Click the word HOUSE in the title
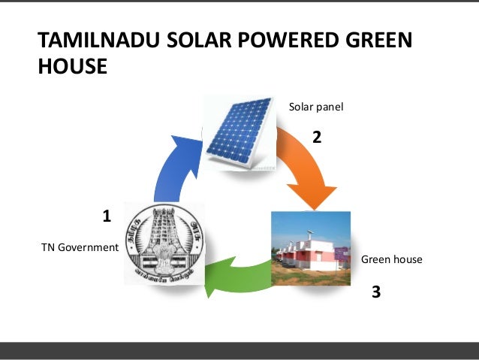72,66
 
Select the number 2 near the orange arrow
316,138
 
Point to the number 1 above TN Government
107,216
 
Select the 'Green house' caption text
392,259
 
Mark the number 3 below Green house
376,291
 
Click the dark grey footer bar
239,351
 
